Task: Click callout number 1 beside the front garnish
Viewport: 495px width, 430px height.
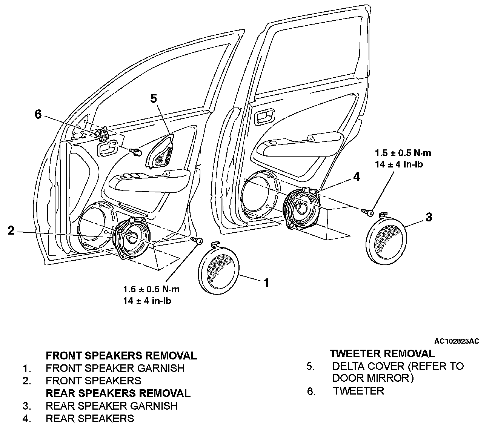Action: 266,283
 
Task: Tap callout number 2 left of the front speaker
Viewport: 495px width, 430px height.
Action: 11,230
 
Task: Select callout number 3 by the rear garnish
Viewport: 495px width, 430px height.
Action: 429,217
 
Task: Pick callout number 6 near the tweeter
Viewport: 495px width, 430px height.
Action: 38,114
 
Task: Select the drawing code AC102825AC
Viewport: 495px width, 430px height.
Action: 457,341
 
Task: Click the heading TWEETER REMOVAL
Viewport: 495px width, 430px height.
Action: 382,353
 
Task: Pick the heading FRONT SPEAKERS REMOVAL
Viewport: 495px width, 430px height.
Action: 121,355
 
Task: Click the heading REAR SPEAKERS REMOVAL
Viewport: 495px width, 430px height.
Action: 118,393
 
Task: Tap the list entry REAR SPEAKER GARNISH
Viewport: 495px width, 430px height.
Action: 111,406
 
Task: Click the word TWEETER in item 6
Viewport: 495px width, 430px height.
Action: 358,391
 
